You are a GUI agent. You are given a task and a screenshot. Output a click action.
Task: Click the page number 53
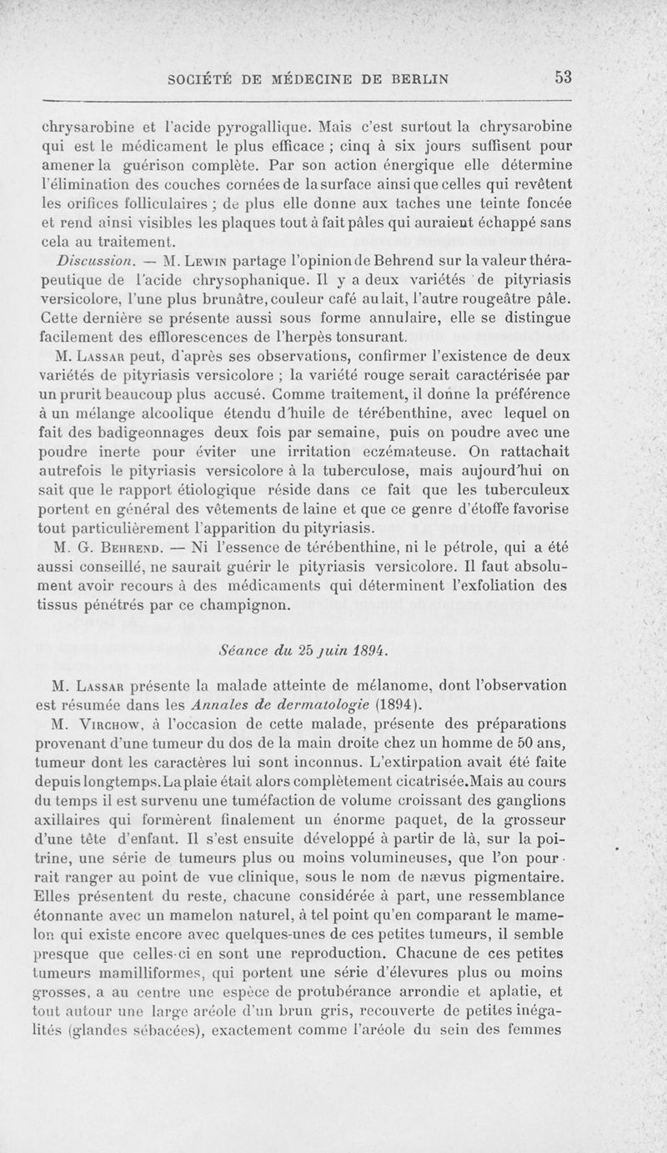pyautogui.click(x=560, y=78)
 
